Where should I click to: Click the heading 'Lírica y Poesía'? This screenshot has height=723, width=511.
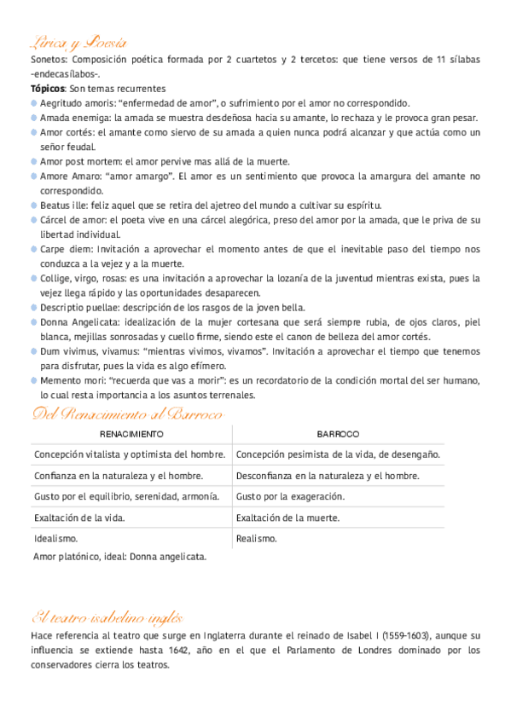[x=79, y=43]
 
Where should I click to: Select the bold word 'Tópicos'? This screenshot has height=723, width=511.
[x=48, y=88]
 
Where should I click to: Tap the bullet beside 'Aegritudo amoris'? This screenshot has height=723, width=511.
[x=33, y=102]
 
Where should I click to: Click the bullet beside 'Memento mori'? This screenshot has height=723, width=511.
[x=33, y=380]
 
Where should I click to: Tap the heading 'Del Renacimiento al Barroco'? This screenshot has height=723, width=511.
[x=127, y=415]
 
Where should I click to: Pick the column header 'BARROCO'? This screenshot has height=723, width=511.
[x=338, y=434]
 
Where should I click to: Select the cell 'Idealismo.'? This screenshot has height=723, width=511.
[x=56, y=538]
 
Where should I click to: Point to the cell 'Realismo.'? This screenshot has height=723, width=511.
[x=257, y=538]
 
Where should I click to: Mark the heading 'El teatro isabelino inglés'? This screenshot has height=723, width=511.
[x=107, y=618]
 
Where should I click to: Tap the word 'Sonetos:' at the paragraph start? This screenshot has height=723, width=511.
[x=49, y=59]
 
